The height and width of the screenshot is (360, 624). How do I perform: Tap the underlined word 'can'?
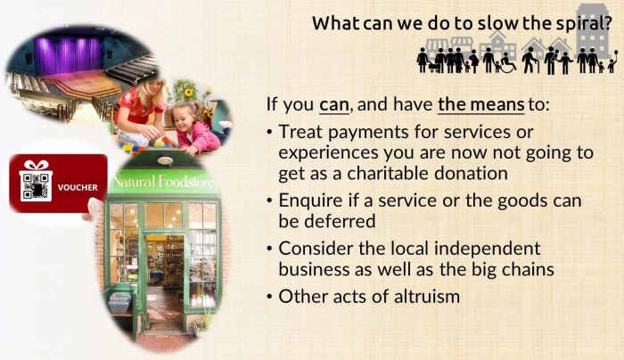pyautogui.click(x=333, y=104)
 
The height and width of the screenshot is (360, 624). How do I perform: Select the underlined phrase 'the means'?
pyautogui.click(x=480, y=104)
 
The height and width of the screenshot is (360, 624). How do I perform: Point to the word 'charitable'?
pyautogui.click(x=393, y=173)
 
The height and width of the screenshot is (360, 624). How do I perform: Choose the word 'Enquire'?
pyautogui.click(x=312, y=200)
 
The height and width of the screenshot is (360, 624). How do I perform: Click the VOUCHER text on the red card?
pyautogui.click(x=71, y=188)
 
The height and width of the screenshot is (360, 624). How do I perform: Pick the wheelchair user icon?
pyautogui.click(x=506, y=63)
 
